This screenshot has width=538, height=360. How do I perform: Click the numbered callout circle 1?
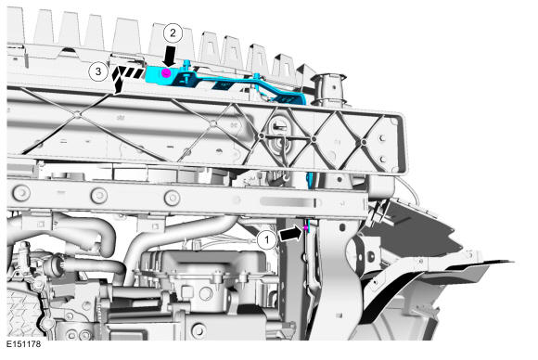(x=267, y=239)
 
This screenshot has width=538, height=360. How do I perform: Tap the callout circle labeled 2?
(x=173, y=33)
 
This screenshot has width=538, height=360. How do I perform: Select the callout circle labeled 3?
(x=98, y=71)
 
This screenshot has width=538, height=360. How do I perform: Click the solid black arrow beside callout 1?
(x=291, y=234)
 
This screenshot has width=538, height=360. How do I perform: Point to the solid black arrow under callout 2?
(x=170, y=57)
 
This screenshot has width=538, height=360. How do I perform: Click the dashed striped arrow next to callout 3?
(x=125, y=79)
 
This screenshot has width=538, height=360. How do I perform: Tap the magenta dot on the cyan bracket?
(x=166, y=72)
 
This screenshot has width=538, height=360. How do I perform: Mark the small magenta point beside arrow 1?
(x=306, y=227)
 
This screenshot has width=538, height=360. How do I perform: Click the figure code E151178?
(x=24, y=344)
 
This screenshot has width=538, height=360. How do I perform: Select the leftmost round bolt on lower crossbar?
(x=21, y=193)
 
